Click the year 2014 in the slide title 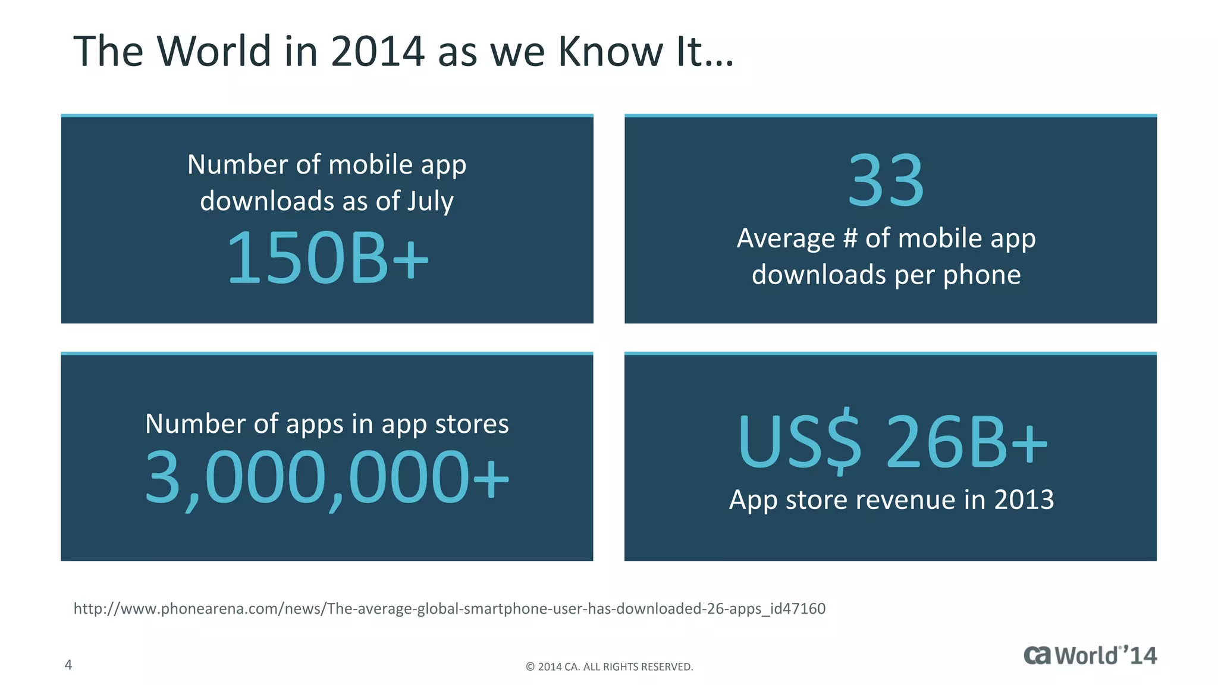378,51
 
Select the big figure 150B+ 327,258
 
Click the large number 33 886,180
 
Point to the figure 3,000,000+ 327,477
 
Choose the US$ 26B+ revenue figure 892,442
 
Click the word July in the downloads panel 430,201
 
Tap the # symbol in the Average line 850,238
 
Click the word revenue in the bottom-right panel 906,499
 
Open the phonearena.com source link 449,608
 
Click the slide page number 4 68,665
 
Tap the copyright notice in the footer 609,667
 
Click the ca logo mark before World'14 1038,655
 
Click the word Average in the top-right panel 786,238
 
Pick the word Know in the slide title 610,51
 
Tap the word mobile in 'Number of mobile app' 370,165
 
